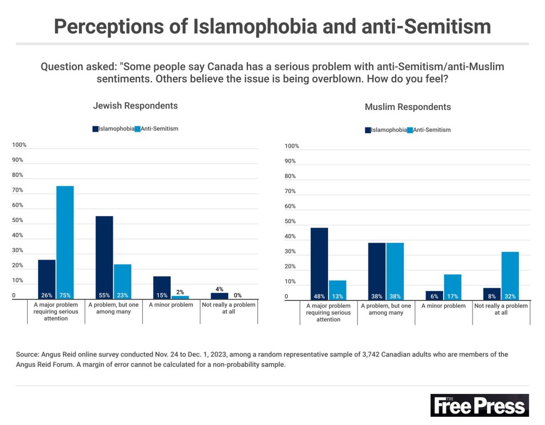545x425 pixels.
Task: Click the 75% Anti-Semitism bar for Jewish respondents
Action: click(x=65, y=242)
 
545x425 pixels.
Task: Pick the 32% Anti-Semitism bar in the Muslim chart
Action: click(x=510, y=275)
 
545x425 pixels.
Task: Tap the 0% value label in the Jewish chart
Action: click(x=238, y=295)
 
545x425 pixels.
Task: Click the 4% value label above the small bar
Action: click(x=220, y=289)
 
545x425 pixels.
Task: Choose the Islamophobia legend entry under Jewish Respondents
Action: click(x=113, y=129)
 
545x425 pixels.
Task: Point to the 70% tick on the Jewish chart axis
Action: click(x=19, y=190)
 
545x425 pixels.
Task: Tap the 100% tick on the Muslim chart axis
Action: click(x=291, y=146)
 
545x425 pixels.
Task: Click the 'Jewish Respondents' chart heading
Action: click(x=135, y=106)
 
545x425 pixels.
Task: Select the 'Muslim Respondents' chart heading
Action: click(x=408, y=107)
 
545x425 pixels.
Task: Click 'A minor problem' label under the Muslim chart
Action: click(x=444, y=306)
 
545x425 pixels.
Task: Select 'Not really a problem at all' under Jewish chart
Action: click(x=228, y=309)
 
